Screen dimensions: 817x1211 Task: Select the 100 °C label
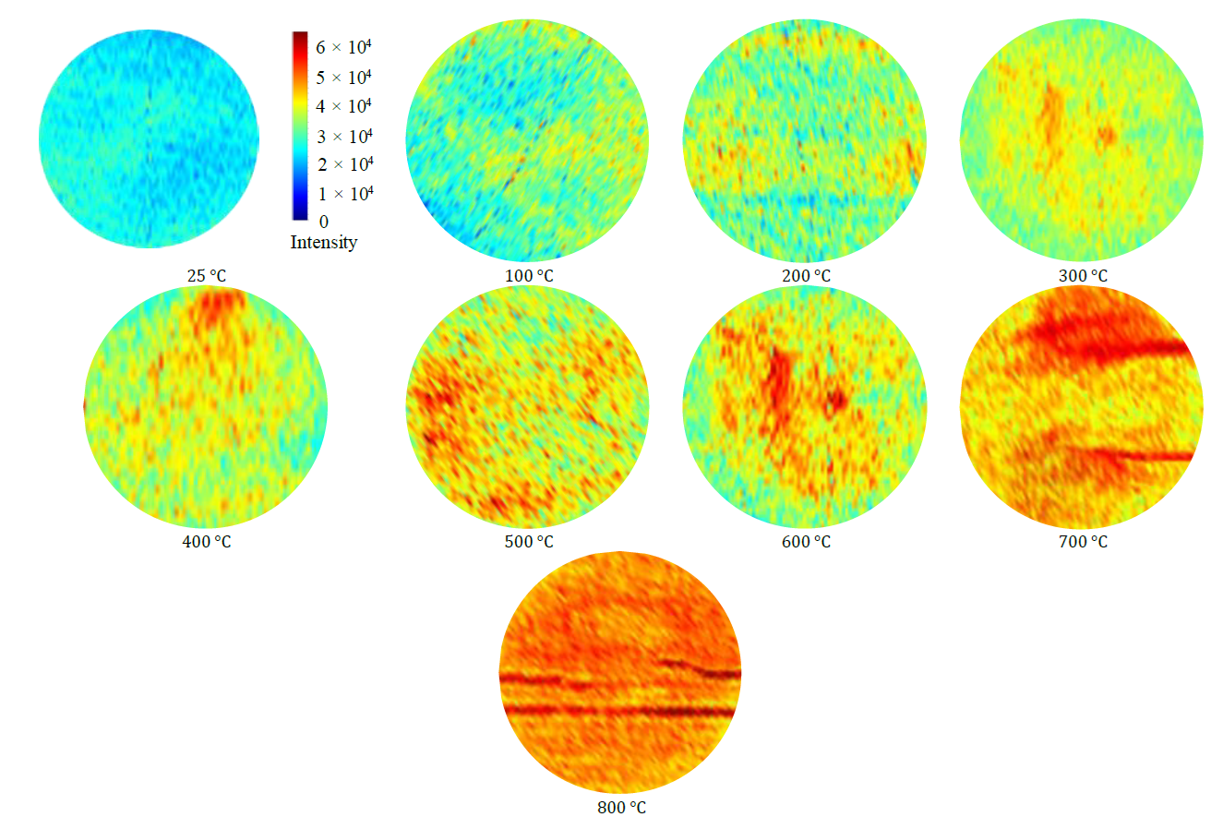click(529, 276)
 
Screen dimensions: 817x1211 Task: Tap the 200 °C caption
click(806, 276)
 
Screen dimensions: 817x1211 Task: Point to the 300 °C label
click(1083, 276)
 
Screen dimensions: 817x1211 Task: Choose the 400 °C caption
click(207, 542)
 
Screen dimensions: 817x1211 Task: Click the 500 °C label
click(529, 542)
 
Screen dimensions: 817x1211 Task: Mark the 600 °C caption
click(806, 542)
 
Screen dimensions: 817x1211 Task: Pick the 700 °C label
click(1083, 542)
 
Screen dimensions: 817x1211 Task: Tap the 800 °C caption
click(621, 808)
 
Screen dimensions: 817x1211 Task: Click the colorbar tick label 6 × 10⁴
click(343, 46)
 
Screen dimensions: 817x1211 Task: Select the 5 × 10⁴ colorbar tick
click(343, 76)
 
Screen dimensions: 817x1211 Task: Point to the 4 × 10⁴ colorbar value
click(343, 106)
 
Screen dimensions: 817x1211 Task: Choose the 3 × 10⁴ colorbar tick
click(343, 137)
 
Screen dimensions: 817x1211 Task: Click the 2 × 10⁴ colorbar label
click(343, 164)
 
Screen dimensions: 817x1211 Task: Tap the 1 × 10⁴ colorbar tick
click(343, 194)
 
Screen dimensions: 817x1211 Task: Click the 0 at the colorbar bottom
click(322, 222)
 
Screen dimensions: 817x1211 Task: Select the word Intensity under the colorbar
click(323, 243)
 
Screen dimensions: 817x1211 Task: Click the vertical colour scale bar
click(300, 126)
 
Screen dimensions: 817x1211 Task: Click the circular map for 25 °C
click(149, 138)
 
